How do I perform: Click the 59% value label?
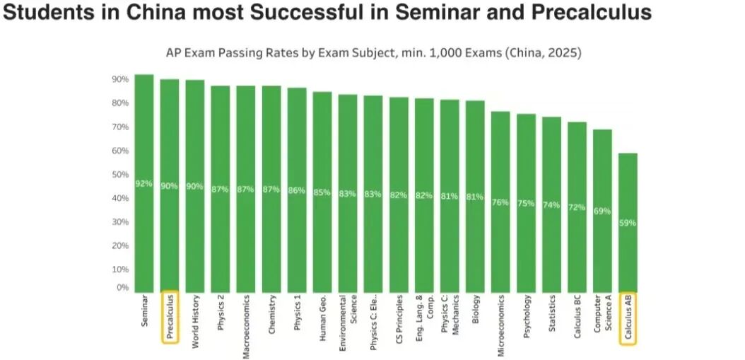click(628, 223)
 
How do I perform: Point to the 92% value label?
click(144, 184)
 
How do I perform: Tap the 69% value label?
click(602, 211)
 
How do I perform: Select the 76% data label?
click(500, 202)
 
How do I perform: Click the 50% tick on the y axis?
click(120, 175)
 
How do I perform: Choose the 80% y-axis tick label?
click(120, 103)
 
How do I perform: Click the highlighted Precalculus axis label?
click(170, 317)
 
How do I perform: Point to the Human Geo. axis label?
click(322, 318)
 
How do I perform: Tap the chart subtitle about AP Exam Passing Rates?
click(373, 53)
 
